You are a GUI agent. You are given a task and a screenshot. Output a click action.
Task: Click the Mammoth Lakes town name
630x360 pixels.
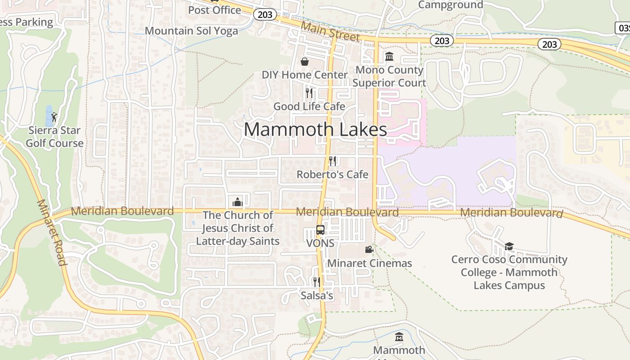(x=315, y=130)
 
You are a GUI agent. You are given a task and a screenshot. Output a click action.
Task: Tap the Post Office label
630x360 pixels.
(x=215, y=10)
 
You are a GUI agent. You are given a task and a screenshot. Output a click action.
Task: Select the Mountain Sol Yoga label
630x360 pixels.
(x=191, y=31)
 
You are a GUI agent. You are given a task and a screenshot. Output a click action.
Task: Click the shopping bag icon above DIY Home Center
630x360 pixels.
(x=305, y=61)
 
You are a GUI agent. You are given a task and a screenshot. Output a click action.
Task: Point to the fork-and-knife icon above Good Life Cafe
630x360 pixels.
(x=309, y=93)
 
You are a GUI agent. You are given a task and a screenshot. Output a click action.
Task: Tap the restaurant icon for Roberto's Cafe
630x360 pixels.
(x=333, y=161)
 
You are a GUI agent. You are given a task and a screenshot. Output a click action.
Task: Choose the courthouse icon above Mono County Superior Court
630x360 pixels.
(x=389, y=57)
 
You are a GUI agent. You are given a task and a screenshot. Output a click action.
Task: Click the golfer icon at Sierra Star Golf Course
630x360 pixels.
(x=54, y=117)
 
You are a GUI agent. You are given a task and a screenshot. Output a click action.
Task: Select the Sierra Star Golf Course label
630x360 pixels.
(x=54, y=137)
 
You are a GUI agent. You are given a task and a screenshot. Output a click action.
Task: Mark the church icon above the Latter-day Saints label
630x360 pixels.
(x=238, y=202)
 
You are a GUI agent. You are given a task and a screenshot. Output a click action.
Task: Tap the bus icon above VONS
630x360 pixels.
(x=320, y=230)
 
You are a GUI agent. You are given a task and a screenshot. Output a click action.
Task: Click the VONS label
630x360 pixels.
(x=320, y=243)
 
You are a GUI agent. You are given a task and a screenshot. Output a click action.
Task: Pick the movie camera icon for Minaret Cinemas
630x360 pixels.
(x=369, y=249)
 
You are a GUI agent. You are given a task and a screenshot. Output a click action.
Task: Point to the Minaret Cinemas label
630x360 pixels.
(x=369, y=263)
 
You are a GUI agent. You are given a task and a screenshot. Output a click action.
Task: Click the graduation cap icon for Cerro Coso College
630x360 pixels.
(x=509, y=246)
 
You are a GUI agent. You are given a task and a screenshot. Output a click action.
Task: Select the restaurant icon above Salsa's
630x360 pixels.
(x=317, y=282)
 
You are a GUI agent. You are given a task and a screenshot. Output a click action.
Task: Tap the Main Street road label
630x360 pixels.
(x=330, y=31)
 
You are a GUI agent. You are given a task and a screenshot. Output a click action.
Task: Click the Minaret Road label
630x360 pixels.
(x=51, y=233)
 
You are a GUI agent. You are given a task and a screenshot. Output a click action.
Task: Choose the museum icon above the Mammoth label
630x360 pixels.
(x=399, y=337)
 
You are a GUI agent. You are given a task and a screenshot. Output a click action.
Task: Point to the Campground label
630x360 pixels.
(x=450, y=5)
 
